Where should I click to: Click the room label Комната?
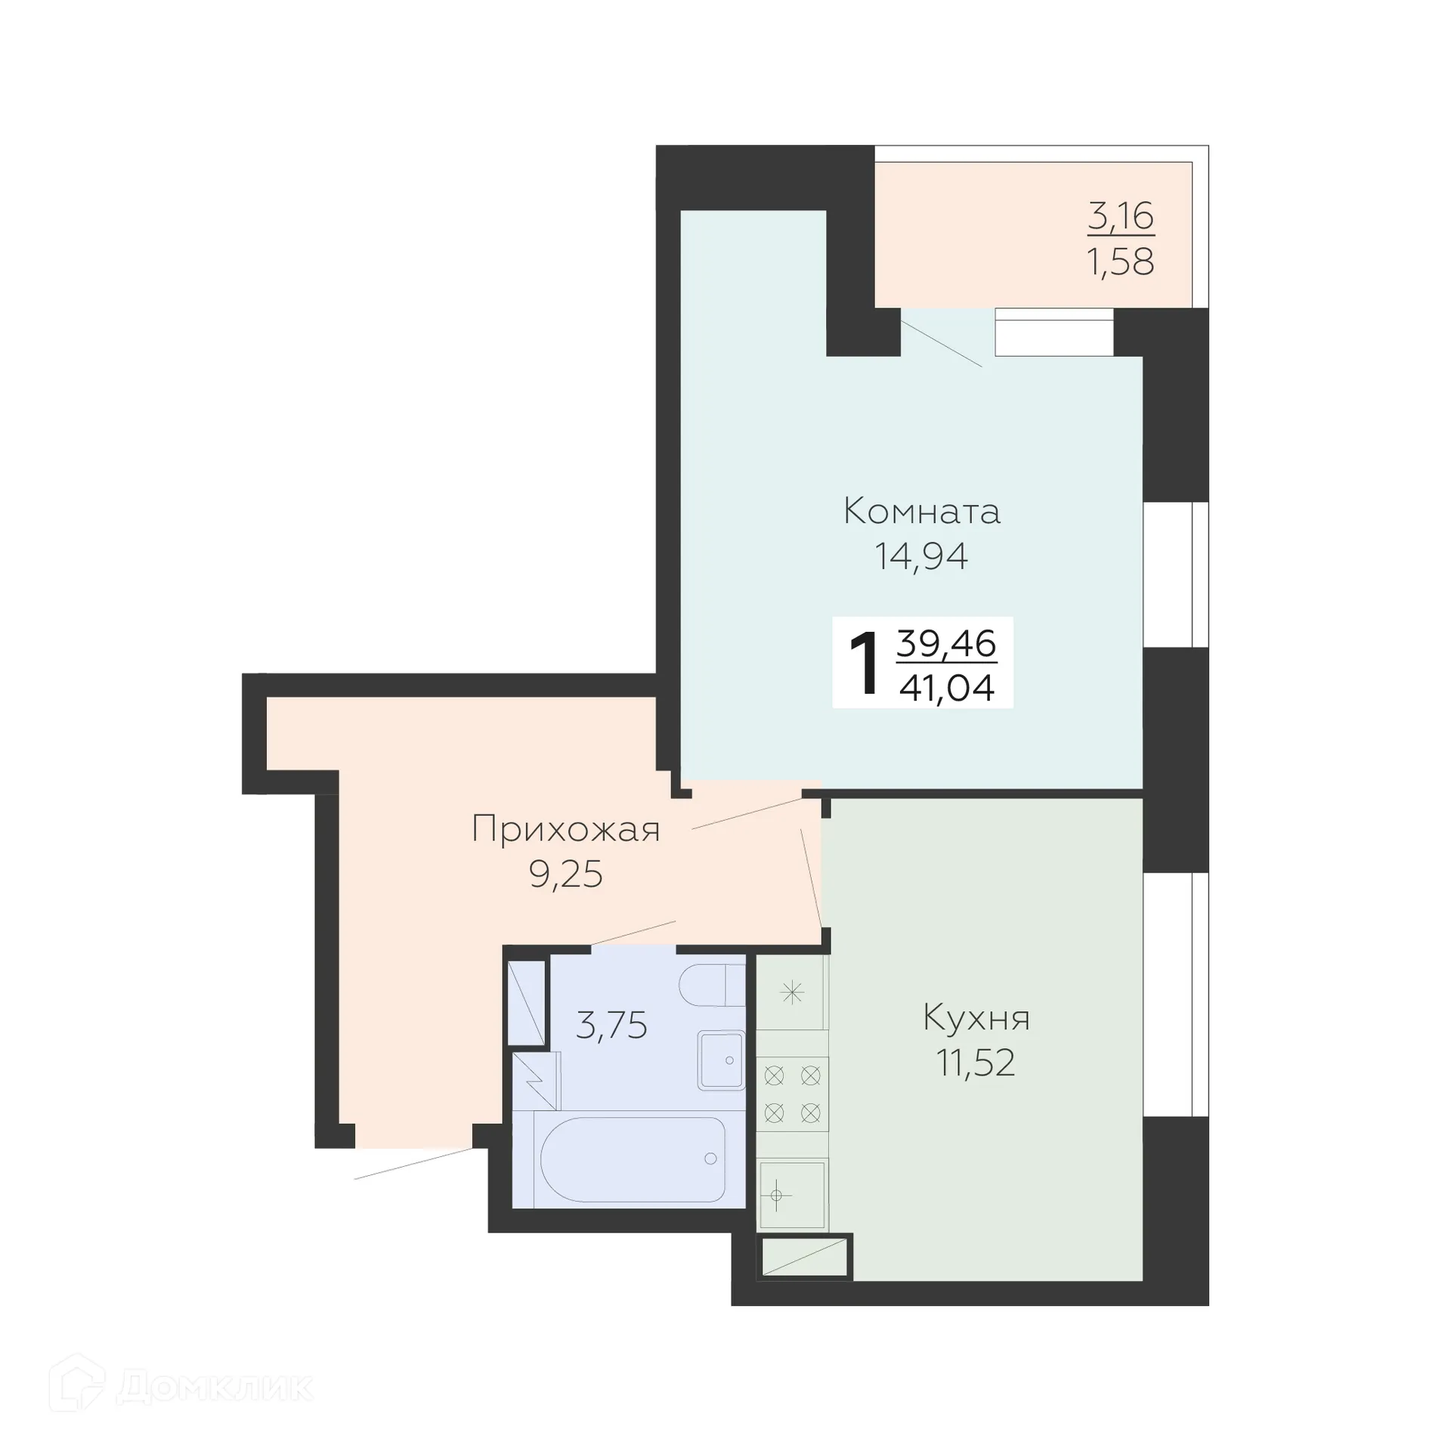921,512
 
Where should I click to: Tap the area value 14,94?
921,557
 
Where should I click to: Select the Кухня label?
976,1018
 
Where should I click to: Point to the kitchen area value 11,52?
976,1063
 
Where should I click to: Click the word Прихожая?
565,829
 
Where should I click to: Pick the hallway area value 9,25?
565,874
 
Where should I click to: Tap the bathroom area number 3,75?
611,1026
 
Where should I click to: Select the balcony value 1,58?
1121,261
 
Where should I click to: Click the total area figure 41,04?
946,688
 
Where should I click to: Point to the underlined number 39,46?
946,644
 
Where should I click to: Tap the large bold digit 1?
864,664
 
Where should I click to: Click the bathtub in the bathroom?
633,1159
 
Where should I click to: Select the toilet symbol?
710,985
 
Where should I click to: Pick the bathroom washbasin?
721,1060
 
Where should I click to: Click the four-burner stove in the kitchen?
792,1094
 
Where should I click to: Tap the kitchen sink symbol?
791,1195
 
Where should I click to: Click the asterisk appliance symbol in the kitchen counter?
791,992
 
